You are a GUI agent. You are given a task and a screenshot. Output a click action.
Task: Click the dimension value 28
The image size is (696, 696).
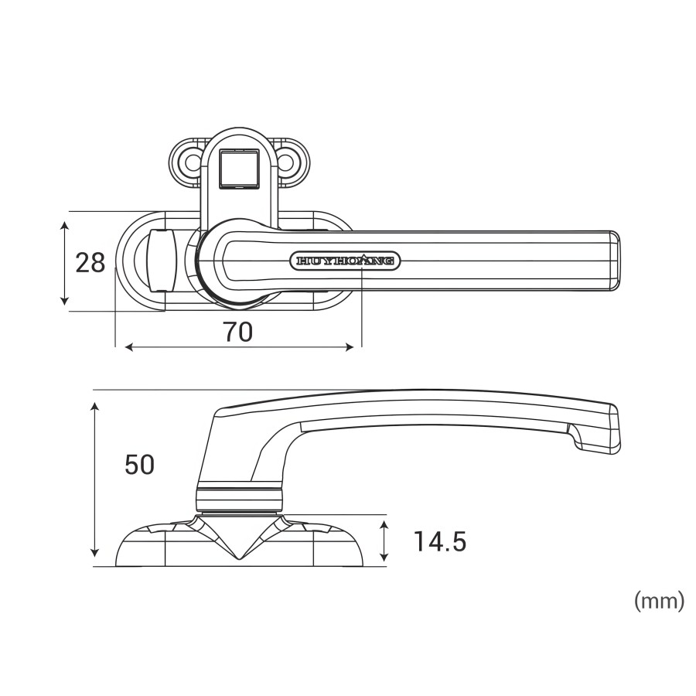click(x=90, y=263)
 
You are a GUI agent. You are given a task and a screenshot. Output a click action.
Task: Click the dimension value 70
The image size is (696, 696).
click(x=237, y=332)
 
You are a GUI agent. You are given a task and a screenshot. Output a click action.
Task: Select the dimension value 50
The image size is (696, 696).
click(x=139, y=464)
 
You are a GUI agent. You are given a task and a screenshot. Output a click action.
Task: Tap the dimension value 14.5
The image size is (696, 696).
click(x=438, y=541)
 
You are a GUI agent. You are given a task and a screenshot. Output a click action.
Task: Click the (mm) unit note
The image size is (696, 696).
click(x=659, y=601)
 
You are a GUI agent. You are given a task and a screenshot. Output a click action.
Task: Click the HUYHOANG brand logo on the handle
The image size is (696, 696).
click(x=345, y=261)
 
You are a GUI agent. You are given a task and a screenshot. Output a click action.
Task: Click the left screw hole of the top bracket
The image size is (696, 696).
click(x=187, y=162)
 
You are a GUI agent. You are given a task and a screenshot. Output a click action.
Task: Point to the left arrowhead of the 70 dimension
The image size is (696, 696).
click(x=128, y=347)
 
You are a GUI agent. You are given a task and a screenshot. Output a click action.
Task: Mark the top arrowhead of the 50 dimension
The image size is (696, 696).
click(x=95, y=407)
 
